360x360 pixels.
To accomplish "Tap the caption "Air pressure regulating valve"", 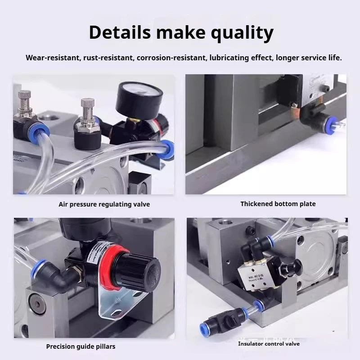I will [x=104, y=204].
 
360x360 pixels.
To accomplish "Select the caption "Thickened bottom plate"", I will [x=278, y=204].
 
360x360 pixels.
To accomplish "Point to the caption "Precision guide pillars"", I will [x=81, y=346].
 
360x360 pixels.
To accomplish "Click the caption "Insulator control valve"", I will [x=269, y=344].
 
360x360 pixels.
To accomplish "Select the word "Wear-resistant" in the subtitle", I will [x=53, y=58].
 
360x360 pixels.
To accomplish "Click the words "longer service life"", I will [x=309, y=58].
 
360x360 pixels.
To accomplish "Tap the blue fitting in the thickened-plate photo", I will [x=333, y=121].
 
